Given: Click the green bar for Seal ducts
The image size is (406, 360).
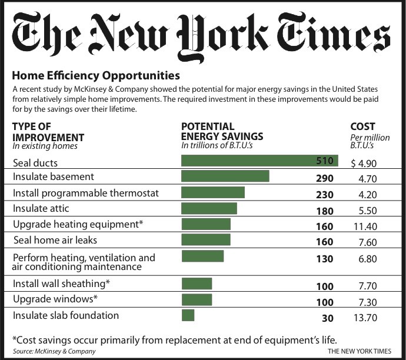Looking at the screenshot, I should pos(259,161).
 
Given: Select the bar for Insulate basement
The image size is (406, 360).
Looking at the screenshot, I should pos(225,176).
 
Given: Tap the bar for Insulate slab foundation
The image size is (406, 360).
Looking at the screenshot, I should pos(188,316).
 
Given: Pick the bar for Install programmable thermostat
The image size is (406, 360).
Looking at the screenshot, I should pos(212,192).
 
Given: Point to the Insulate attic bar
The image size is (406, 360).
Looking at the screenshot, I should pos(209,208).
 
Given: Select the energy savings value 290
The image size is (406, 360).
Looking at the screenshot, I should pos(324,177).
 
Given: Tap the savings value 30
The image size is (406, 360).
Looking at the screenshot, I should pos(328,318).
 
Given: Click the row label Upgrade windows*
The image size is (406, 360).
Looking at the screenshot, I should pos(55,299).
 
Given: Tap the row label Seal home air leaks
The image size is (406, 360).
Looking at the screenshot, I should pos(55,240).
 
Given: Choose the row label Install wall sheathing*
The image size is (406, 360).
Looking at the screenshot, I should pos(62,284).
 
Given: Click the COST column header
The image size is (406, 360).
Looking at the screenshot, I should pos(362,126).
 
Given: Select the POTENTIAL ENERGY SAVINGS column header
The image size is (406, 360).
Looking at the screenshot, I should pos(222,131).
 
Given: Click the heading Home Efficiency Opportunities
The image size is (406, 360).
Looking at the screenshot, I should pos(96,75).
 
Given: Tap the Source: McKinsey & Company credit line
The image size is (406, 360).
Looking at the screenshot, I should pos(46,351).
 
